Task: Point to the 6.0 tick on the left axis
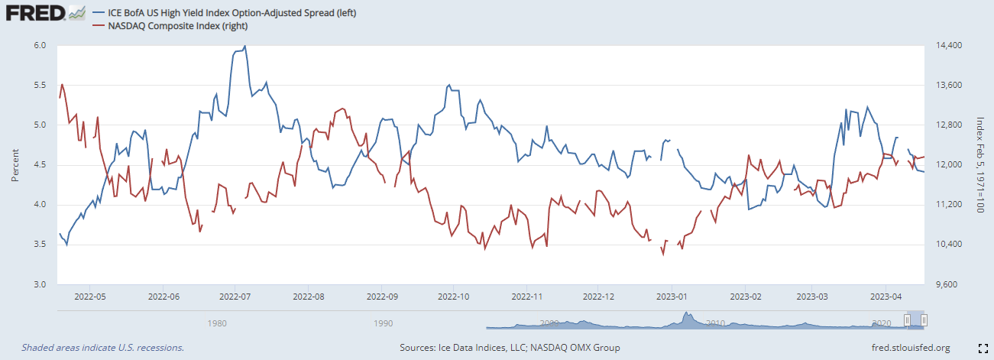40,46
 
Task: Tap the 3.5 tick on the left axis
40,245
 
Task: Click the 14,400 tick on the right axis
947,46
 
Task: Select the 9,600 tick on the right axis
945,284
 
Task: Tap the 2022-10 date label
454,295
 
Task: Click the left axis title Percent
15,165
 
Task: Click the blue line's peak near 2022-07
244,47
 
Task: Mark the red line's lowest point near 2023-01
663,255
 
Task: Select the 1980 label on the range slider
217,323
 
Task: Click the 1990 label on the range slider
384,323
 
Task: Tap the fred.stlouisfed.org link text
910,348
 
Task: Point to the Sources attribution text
510,348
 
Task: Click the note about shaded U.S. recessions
102,348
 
